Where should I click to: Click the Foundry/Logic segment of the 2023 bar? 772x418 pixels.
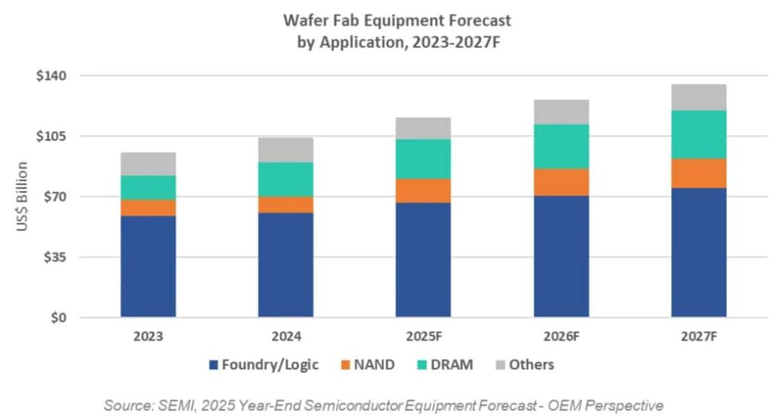[148, 266]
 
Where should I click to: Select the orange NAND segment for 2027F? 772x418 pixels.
[698, 173]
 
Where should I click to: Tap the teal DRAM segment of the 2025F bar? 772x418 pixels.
[423, 159]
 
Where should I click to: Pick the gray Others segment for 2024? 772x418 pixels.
[286, 150]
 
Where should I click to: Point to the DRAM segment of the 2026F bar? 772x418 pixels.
[561, 146]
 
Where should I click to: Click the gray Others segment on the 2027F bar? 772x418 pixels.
[698, 97]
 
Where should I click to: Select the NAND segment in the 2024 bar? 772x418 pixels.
[286, 204]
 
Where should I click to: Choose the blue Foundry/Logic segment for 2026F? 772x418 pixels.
[561, 256]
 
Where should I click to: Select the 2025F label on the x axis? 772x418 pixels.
[423, 337]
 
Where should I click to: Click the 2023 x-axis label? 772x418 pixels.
[148, 337]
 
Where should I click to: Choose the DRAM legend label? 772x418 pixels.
[455, 365]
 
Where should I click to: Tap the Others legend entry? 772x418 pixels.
[531, 365]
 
